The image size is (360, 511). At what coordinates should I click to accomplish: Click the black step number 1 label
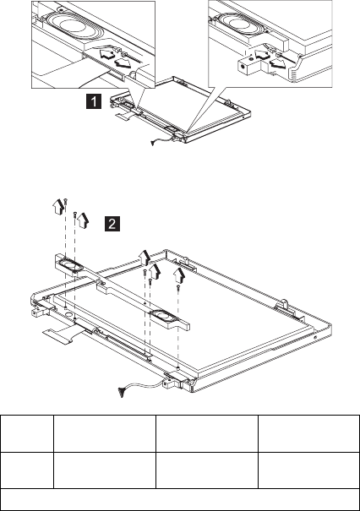(94, 101)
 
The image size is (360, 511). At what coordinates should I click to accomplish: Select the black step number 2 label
(112, 224)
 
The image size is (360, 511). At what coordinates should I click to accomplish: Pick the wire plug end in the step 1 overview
(153, 142)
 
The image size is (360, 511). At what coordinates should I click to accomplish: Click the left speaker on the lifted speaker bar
(71, 265)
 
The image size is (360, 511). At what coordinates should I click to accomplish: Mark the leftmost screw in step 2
(65, 202)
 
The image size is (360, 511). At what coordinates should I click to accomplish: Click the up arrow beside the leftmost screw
(58, 207)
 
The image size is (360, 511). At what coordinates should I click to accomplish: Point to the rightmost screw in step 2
(178, 288)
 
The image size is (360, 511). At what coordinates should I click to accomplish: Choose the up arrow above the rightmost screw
(179, 275)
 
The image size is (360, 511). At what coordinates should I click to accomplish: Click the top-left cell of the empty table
(27, 433)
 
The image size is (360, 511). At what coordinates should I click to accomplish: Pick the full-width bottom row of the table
(180, 499)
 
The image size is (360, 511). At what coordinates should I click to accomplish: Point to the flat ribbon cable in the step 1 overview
(125, 116)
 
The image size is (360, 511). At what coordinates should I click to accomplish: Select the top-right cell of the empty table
(308, 433)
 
